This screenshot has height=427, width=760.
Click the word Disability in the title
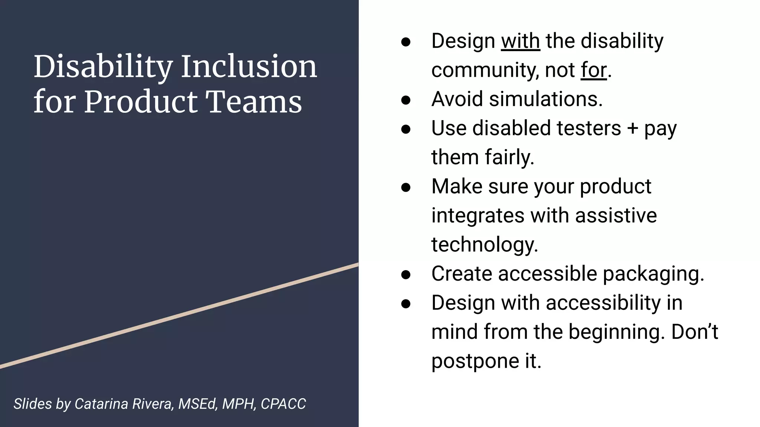point(103,67)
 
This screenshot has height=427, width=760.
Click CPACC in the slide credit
point(283,404)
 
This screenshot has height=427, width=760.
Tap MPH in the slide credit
point(239,404)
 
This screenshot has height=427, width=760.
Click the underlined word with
point(520,41)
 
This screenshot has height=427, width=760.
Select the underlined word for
point(594,70)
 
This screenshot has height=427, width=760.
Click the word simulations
point(546,99)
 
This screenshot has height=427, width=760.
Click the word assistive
point(616,215)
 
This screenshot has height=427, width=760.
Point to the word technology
point(484,245)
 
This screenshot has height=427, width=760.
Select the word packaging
point(653,274)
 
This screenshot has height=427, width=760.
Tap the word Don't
point(694,332)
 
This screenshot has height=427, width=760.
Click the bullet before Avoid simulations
point(406,100)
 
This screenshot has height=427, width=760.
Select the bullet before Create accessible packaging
point(406,274)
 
